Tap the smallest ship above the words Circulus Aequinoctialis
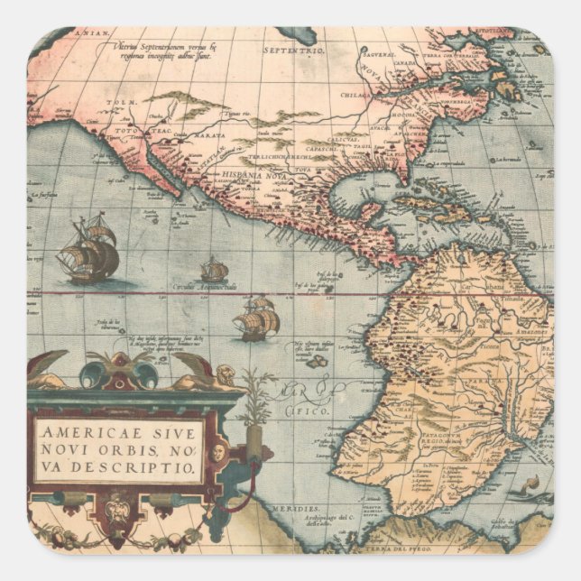pos(214,269)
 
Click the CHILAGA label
pos(359,93)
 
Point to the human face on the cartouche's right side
pos(217,448)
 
